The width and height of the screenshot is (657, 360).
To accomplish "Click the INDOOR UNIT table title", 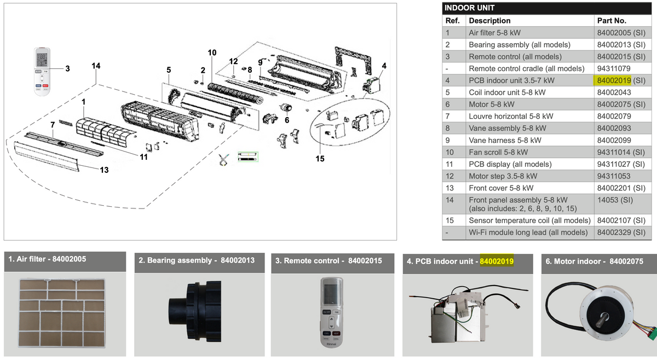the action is pyautogui.click(x=469, y=8).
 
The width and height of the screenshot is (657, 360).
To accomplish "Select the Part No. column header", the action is pyautogui.click(x=612, y=21).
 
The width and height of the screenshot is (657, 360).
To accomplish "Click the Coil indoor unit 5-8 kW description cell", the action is pyautogui.click(x=507, y=92).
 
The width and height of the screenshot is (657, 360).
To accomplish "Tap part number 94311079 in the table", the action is pyautogui.click(x=614, y=68).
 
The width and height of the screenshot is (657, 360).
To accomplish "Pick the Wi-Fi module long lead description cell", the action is pyautogui.click(x=528, y=233).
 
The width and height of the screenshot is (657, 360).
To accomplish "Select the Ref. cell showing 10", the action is pyautogui.click(x=449, y=153).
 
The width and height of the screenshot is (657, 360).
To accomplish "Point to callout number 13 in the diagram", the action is pyautogui.click(x=104, y=170).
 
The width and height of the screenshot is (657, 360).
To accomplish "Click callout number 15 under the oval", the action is pyautogui.click(x=320, y=159).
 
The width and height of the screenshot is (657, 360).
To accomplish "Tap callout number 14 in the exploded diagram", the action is pyautogui.click(x=96, y=66).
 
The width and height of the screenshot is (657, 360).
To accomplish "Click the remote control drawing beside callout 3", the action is pyautogui.click(x=42, y=71).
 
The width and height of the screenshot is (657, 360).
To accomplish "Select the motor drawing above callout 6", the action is pyautogui.click(x=286, y=108).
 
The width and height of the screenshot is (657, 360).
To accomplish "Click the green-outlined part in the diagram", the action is pyautogui.click(x=248, y=157).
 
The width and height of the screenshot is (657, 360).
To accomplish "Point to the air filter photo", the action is pyautogui.click(x=62, y=313).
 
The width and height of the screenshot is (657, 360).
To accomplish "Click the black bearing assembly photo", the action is pyautogui.click(x=195, y=312).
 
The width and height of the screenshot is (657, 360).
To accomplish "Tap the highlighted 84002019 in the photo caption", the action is pyautogui.click(x=497, y=261).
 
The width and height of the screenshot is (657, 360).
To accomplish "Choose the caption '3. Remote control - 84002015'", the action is pyautogui.click(x=328, y=260).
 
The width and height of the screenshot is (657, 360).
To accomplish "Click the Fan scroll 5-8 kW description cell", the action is pyautogui.click(x=498, y=153).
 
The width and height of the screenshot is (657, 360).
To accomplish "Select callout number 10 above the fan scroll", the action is pyautogui.click(x=212, y=53).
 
